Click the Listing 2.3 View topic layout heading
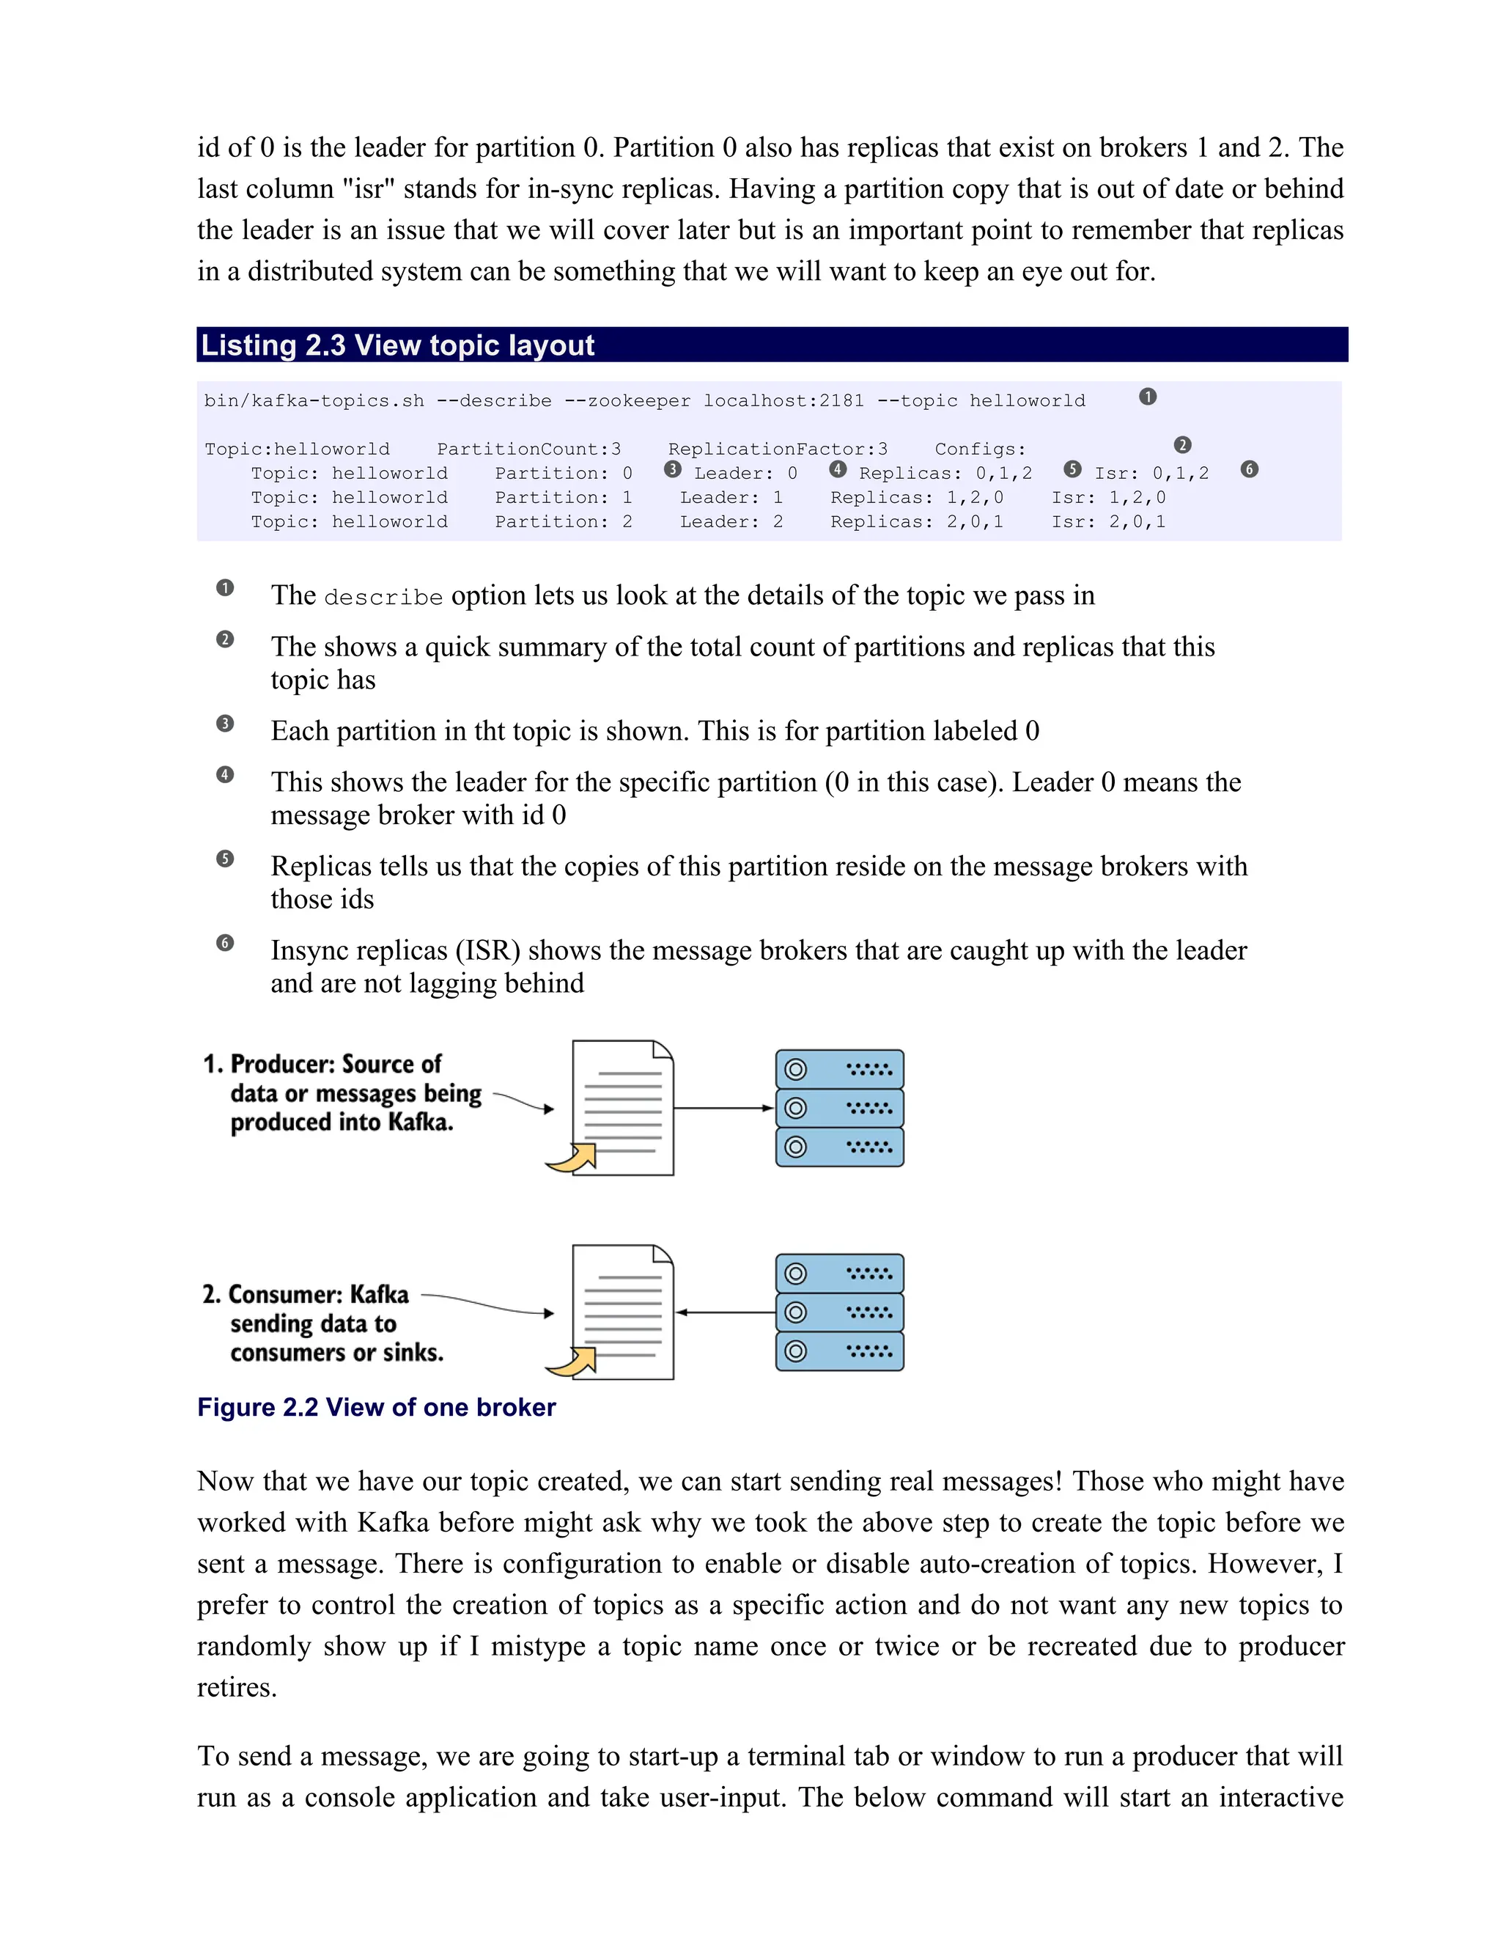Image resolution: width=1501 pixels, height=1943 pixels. click(x=397, y=345)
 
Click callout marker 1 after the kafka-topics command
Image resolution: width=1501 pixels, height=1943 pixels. click(x=1148, y=397)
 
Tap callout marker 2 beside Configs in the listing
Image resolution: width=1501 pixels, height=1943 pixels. click(x=1181, y=445)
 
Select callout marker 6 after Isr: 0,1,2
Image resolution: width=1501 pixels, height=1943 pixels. click(x=1250, y=469)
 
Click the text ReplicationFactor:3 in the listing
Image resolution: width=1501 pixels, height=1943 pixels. click(x=778, y=449)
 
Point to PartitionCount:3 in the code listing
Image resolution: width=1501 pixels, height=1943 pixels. click(x=529, y=449)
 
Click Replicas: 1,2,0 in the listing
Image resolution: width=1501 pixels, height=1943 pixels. click(x=917, y=497)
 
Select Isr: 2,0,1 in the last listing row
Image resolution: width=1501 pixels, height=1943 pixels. click(x=1108, y=521)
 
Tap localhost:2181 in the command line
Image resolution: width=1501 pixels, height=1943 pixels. click(x=783, y=401)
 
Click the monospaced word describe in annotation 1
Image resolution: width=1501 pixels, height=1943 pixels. click(x=383, y=597)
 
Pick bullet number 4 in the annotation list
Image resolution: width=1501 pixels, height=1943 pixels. click(x=225, y=774)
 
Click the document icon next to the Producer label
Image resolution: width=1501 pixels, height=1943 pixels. click(x=622, y=1108)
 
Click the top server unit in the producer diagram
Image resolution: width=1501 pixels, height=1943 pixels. click(x=839, y=1069)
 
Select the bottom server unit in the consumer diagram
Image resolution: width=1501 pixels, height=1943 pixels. click(x=839, y=1351)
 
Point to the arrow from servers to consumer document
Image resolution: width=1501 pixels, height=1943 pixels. click(x=724, y=1312)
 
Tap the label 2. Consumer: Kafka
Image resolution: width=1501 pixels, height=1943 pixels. click(x=305, y=1293)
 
